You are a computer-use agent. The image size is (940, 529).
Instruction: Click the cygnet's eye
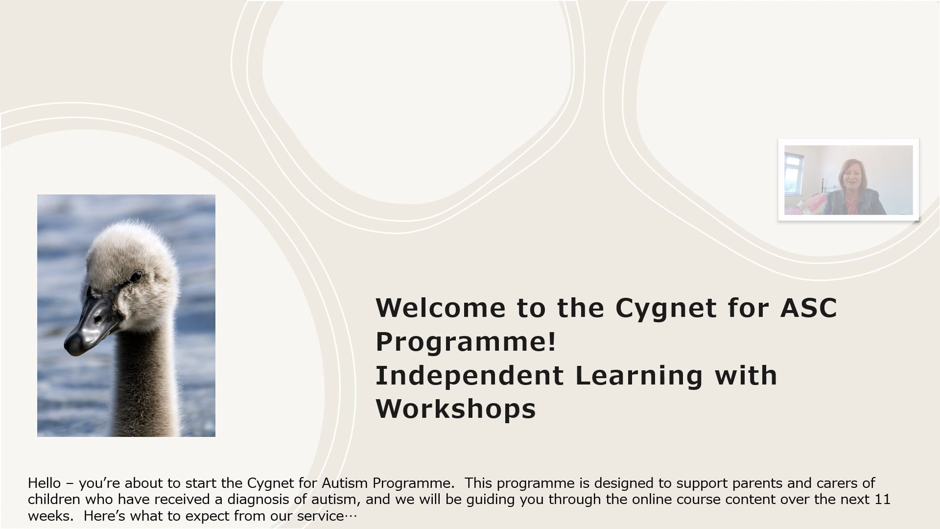(x=137, y=277)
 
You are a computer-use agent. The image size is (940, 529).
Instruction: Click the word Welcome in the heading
(x=440, y=308)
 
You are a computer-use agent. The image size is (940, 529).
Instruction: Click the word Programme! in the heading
(x=466, y=341)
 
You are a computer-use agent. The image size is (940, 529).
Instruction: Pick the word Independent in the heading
(x=469, y=375)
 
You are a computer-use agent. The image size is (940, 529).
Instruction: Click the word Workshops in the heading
(x=455, y=409)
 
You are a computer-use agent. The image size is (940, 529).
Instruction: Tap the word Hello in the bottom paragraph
(x=44, y=483)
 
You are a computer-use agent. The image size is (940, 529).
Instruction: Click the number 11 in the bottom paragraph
(x=882, y=500)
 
